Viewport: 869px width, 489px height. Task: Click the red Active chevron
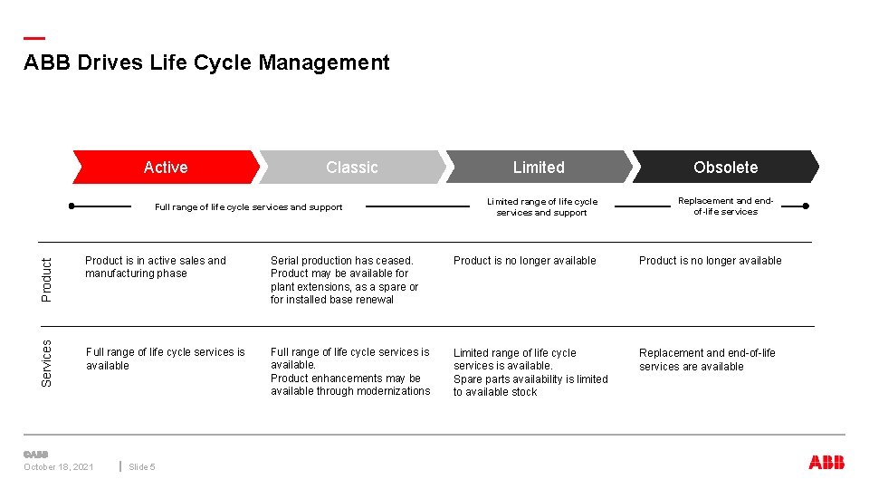166,168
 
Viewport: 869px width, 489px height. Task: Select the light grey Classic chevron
352,168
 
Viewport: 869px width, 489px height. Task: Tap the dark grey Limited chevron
539,168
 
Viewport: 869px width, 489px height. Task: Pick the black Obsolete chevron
725,168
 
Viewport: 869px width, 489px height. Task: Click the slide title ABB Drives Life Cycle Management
206,63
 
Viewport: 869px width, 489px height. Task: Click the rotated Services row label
48,362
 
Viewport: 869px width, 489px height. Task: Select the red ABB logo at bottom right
826,463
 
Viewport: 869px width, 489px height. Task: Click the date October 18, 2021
59,467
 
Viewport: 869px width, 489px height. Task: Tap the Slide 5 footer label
142,467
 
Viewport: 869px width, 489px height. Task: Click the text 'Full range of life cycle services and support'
248,207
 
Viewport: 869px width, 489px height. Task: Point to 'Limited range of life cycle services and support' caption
542,207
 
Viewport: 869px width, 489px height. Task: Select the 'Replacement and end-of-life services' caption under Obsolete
725,206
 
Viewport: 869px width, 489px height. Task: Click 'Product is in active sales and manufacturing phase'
156,267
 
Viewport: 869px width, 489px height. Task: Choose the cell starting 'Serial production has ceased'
344,280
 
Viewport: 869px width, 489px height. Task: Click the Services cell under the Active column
165,359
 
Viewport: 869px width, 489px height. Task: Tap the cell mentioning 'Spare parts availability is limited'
530,372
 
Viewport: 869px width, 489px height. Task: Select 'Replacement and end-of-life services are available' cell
707,360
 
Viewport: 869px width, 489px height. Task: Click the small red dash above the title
33,38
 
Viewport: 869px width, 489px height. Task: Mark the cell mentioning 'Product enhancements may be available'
350,371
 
